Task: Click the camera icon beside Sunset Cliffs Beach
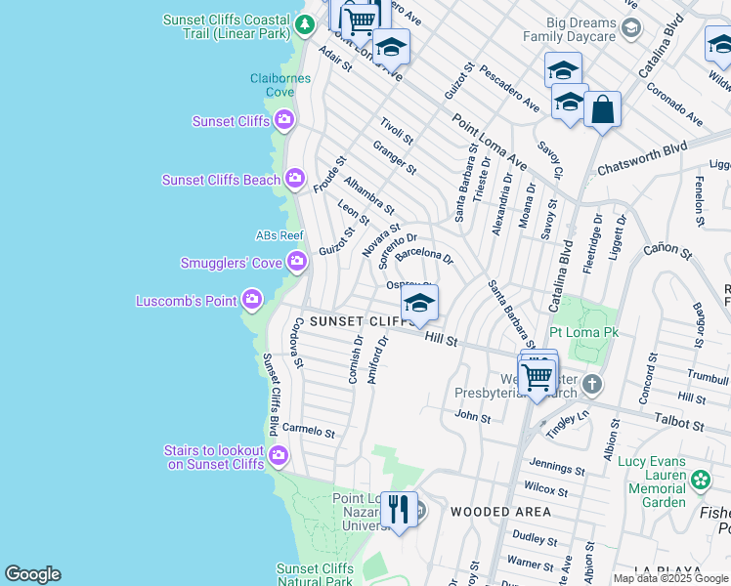pyautogui.click(x=295, y=180)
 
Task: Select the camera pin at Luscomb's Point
pyautogui.click(x=252, y=299)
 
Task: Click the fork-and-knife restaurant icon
pyautogui.click(x=399, y=510)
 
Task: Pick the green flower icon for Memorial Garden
pyautogui.click(x=700, y=480)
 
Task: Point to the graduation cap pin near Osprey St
pyautogui.click(x=419, y=304)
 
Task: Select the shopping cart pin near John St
pyautogui.click(x=537, y=374)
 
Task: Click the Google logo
pyautogui.click(x=32, y=574)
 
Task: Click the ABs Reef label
pyautogui.click(x=279, y=235)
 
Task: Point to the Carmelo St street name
pyautogui.click(x=309, y=432)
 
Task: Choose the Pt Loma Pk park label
pyautogui.click(x=585, y=333)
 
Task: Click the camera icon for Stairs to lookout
pyautogui.click(x=279, y=456)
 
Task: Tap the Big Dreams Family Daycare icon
pyautogui.click(x=631, y=27)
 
